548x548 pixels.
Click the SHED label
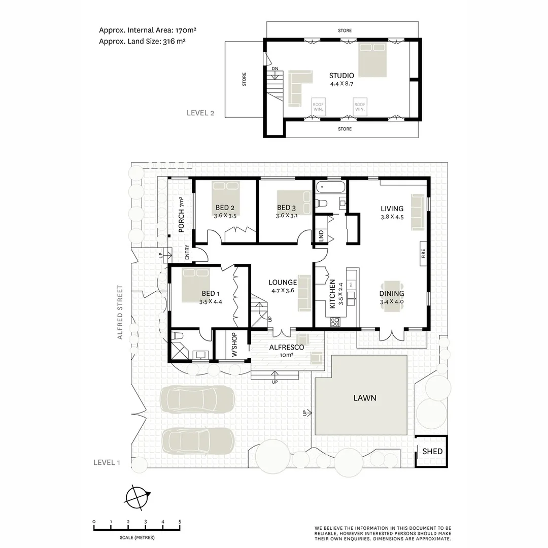tap(432, 451)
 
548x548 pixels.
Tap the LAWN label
tap(365, 398)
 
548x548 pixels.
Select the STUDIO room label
tap(341, 76)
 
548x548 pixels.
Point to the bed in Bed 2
tap(225, 193)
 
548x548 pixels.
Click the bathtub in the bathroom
tap(330, 188)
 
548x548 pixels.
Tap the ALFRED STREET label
tap(120, 312)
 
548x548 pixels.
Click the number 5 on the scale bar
tap(180, 522)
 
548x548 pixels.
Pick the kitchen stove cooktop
tap(335, 321)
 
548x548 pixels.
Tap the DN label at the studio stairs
tap(275, 68)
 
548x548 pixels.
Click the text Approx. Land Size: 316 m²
tap(142, 42)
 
